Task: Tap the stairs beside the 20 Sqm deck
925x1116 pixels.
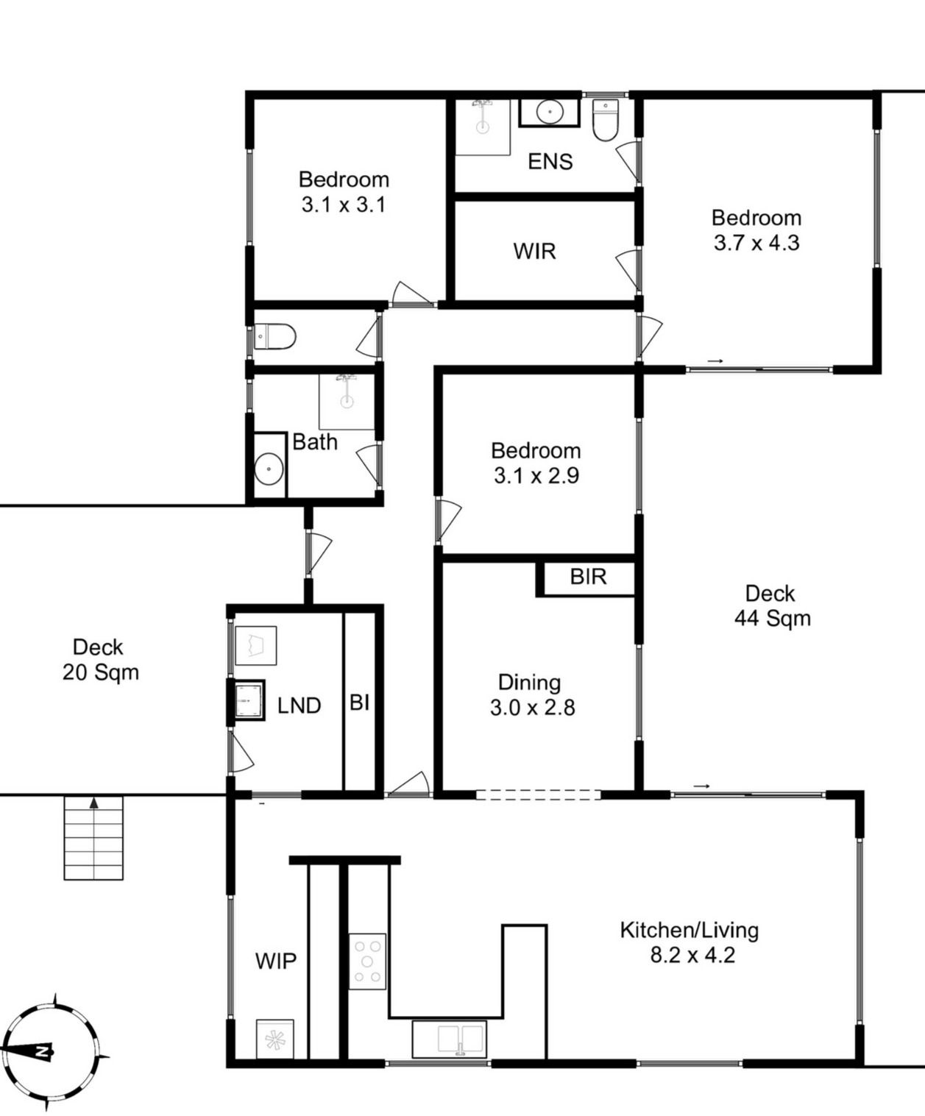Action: [x=93, y=837]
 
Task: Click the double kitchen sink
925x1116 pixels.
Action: [x=449, y=1039]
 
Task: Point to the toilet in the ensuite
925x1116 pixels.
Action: [x=606, y=120]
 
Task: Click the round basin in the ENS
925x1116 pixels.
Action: [x=550, y=112]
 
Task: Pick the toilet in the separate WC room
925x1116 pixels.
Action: [x=274, y=337]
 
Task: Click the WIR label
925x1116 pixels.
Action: [x=535, y=251]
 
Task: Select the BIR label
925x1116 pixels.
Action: [x=588, y=577]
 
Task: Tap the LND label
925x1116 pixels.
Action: [x=299, y=706]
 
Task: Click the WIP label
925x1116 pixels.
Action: [x=275, y=962]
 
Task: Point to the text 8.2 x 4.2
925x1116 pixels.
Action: [x=692, y=955]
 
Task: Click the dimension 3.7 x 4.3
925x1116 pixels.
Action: [x=756, y=244]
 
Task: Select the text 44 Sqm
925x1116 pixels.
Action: [x=772, y=619]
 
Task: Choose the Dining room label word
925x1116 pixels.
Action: [x=529, y=683]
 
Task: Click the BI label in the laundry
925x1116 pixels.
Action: [x=359, y=703]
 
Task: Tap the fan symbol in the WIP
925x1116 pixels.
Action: [x=274, y=1039]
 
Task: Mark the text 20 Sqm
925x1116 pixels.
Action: [x=101, y=672]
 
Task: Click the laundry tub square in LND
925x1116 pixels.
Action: [x=249, y=700]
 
